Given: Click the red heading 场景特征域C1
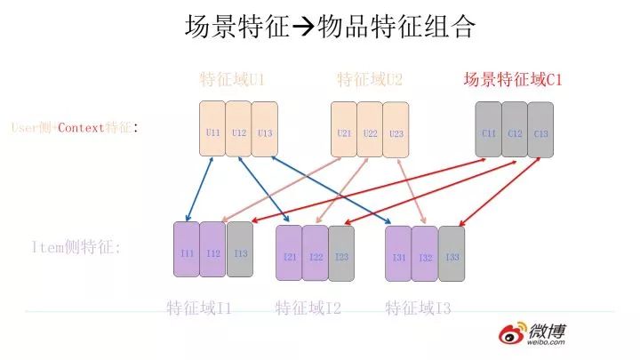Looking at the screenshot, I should point(513,80).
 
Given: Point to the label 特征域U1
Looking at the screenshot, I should point(233,80).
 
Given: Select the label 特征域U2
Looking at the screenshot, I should point(370,80).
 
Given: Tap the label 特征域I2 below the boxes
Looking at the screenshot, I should point(308,308).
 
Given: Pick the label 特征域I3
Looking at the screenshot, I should point(419,308).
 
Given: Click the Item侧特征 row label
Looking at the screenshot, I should point(76,248).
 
